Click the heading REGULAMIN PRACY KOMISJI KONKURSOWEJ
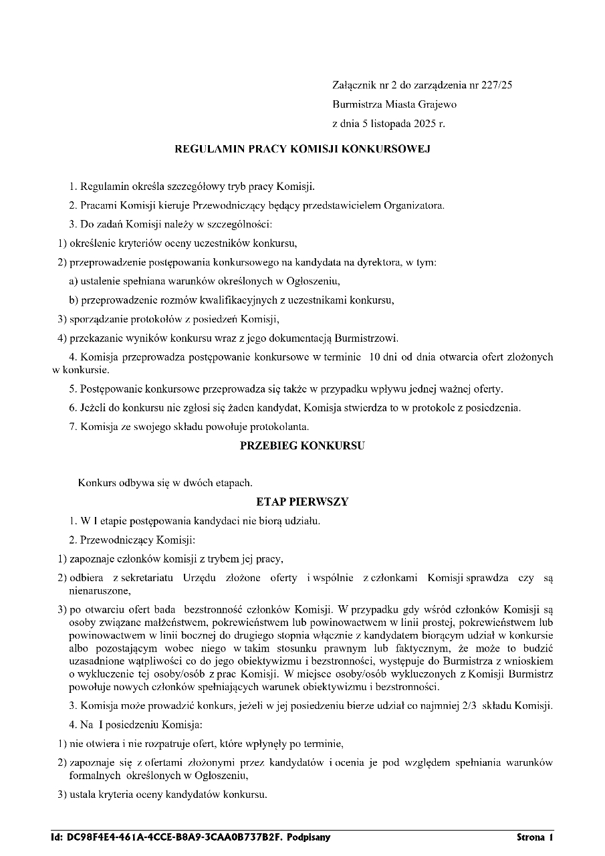302,149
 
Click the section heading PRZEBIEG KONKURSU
302,447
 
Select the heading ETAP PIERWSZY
302,501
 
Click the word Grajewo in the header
438,104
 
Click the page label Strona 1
535,837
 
